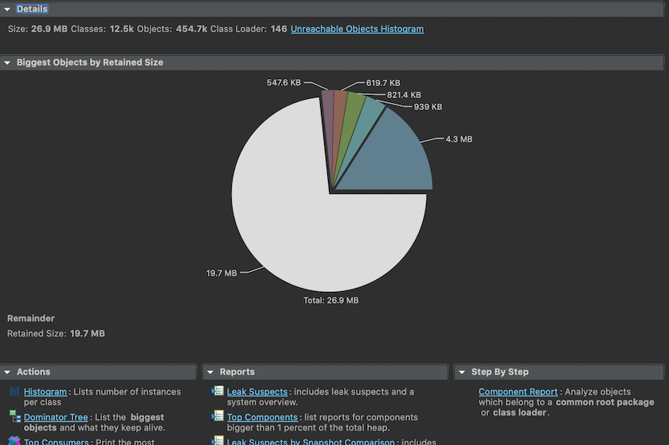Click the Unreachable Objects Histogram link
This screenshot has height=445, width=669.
click(x=357, y=29)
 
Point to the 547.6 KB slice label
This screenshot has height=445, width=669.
click(x=284, y=81)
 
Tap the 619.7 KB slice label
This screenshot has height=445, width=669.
click(x=383, y=82)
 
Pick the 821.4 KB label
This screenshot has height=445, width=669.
click(x=404, y=95)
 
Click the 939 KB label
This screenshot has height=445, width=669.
click(x=428, y=107)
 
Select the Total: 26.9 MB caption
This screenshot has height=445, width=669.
click(x=331, y=301)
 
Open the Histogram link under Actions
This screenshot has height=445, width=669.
click(x=45, y=392)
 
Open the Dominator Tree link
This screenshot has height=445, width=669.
click(x=56, y=417)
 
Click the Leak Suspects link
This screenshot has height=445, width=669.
click(x=256, y=392)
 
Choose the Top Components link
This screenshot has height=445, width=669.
click(x=262, y=417)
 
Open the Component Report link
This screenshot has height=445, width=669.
click(x=518, y=392)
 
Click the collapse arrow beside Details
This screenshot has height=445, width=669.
click(x=7, y=9)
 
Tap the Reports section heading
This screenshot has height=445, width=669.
click(x=237, y=372)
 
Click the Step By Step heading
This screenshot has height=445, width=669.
click(x=499, y=372)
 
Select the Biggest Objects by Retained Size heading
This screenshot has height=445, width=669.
click(x=89, y=62)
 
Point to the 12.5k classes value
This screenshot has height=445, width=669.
click(x=122, y=29)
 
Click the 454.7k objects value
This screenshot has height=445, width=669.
click(x=191, y=29)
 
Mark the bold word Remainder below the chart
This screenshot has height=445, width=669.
click(x=31, y=318)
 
